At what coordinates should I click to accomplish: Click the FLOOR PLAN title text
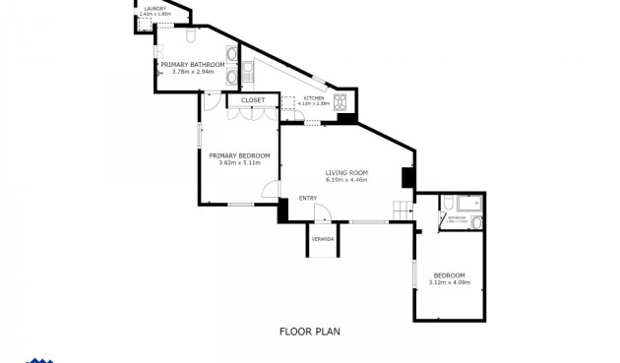pos(309,332)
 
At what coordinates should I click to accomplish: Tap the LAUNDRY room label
pos(155,9)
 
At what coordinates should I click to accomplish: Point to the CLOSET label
pos(253,100)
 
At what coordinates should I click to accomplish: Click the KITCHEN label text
pos(314,98)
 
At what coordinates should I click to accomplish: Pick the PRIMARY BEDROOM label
pos(239,155)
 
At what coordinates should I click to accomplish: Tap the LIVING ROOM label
pos(346,173)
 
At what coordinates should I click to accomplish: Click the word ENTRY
pos(308,198)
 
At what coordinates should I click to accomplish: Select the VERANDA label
pos(323,239)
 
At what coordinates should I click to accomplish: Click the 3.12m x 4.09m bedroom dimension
pos(450,282)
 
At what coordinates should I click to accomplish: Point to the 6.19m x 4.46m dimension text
pos(346,181)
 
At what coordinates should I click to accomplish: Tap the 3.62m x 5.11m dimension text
pos(239,163)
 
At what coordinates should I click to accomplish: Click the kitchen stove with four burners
pos(341,101)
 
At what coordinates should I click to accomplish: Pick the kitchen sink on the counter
pos(248,71)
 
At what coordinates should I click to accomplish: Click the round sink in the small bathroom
pos(476,222)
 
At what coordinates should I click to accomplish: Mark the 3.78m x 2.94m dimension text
pos(193,72)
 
